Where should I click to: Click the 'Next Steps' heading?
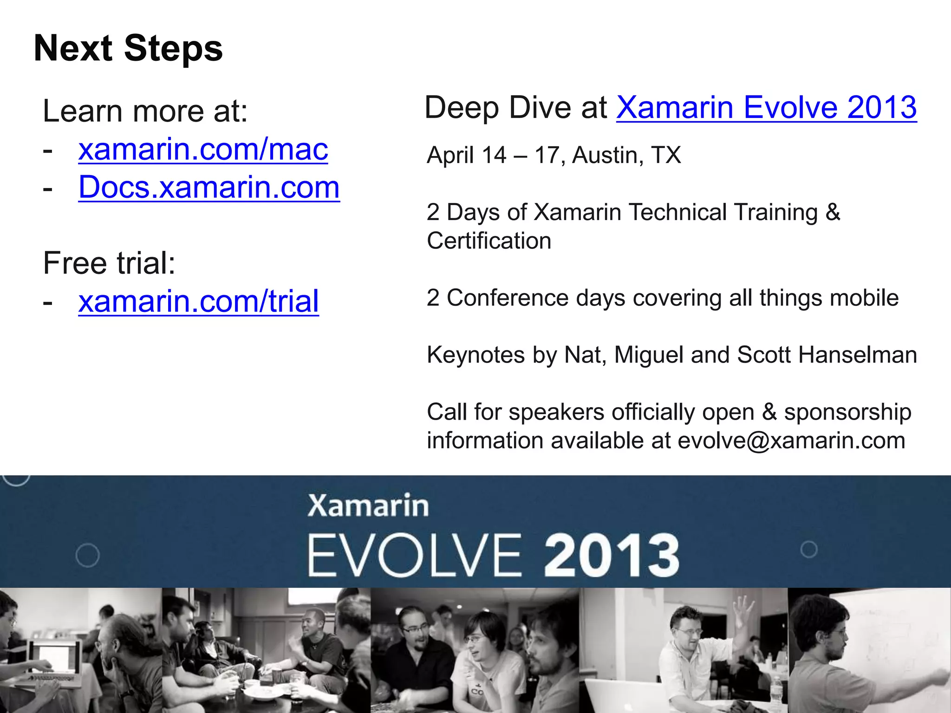click(128, 48)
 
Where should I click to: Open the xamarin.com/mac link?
click(203, 149)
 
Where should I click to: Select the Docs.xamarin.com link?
click(209, 188)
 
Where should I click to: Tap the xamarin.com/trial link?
click(198, 301)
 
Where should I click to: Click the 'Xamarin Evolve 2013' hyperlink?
click(766, 108)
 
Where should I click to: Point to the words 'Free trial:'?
click(109, 263)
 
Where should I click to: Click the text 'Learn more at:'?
click(145, 111)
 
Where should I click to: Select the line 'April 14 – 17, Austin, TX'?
click(554, 155)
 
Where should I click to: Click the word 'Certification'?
click(489, 241)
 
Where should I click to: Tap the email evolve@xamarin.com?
click(791, 441)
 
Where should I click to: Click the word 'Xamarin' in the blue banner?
click(368, 506)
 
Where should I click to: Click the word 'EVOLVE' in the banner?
click(415, 555)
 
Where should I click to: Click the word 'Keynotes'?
click(475, 355)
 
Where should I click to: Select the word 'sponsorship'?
click(847, 412)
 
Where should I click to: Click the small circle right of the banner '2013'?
click(809, 550)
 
